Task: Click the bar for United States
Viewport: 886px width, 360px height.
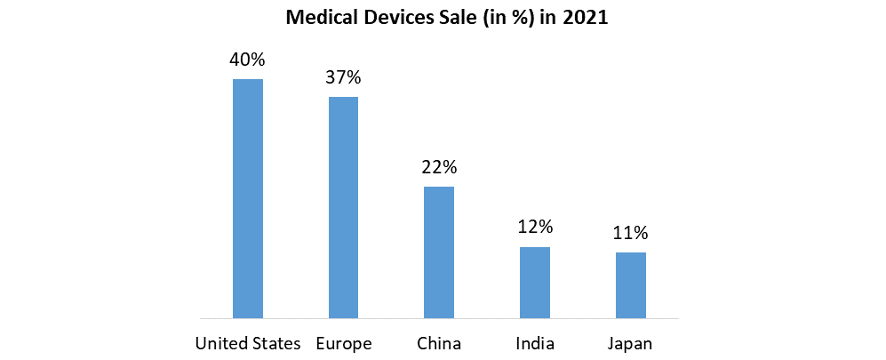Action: tap(247, 198)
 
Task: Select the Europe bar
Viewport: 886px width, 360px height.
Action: tap(343, 207)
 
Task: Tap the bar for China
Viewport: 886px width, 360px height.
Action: tap(439, 252)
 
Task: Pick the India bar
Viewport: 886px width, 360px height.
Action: tap(535, 282)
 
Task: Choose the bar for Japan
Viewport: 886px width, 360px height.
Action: tap(631, 284)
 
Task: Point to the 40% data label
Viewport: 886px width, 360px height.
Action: tap(247, 60)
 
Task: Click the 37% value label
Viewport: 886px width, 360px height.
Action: tap(343, 77)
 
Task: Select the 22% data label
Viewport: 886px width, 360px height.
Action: tap(439, 167)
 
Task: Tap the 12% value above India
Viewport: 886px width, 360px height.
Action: tap(535, 228)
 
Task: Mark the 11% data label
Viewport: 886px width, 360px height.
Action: tap(631, 233)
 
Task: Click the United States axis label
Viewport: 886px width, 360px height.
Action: tap(247, 343)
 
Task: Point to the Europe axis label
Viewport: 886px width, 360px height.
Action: tap(343, 343)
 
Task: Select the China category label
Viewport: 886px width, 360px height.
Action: tap(439, 343)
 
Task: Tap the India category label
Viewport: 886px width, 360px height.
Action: tap(535, 343)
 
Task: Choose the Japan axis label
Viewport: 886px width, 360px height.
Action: tap(631, 343)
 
